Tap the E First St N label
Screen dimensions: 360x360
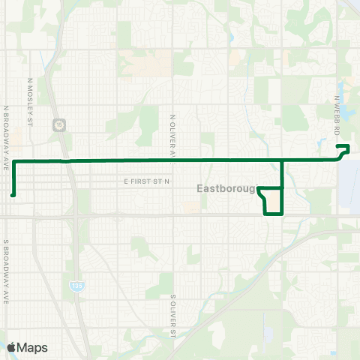point(148,181)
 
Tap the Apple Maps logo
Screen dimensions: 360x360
point(27,347)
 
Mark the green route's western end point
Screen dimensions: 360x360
point(13,195)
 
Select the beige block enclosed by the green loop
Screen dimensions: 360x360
point(274,201)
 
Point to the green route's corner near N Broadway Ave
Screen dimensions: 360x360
point(13,162)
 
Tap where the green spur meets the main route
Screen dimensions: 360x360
point(281,160)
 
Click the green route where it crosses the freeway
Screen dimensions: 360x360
point(67,161)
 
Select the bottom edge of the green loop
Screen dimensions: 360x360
point(274,213)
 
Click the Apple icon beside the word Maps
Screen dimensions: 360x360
point(11,347)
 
